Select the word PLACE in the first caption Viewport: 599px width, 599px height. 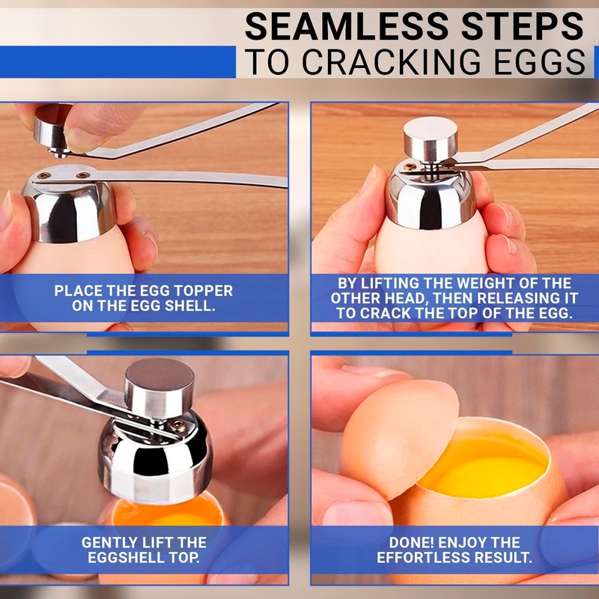click(79, 291)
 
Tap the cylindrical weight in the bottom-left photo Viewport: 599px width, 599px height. click(159, 387)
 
